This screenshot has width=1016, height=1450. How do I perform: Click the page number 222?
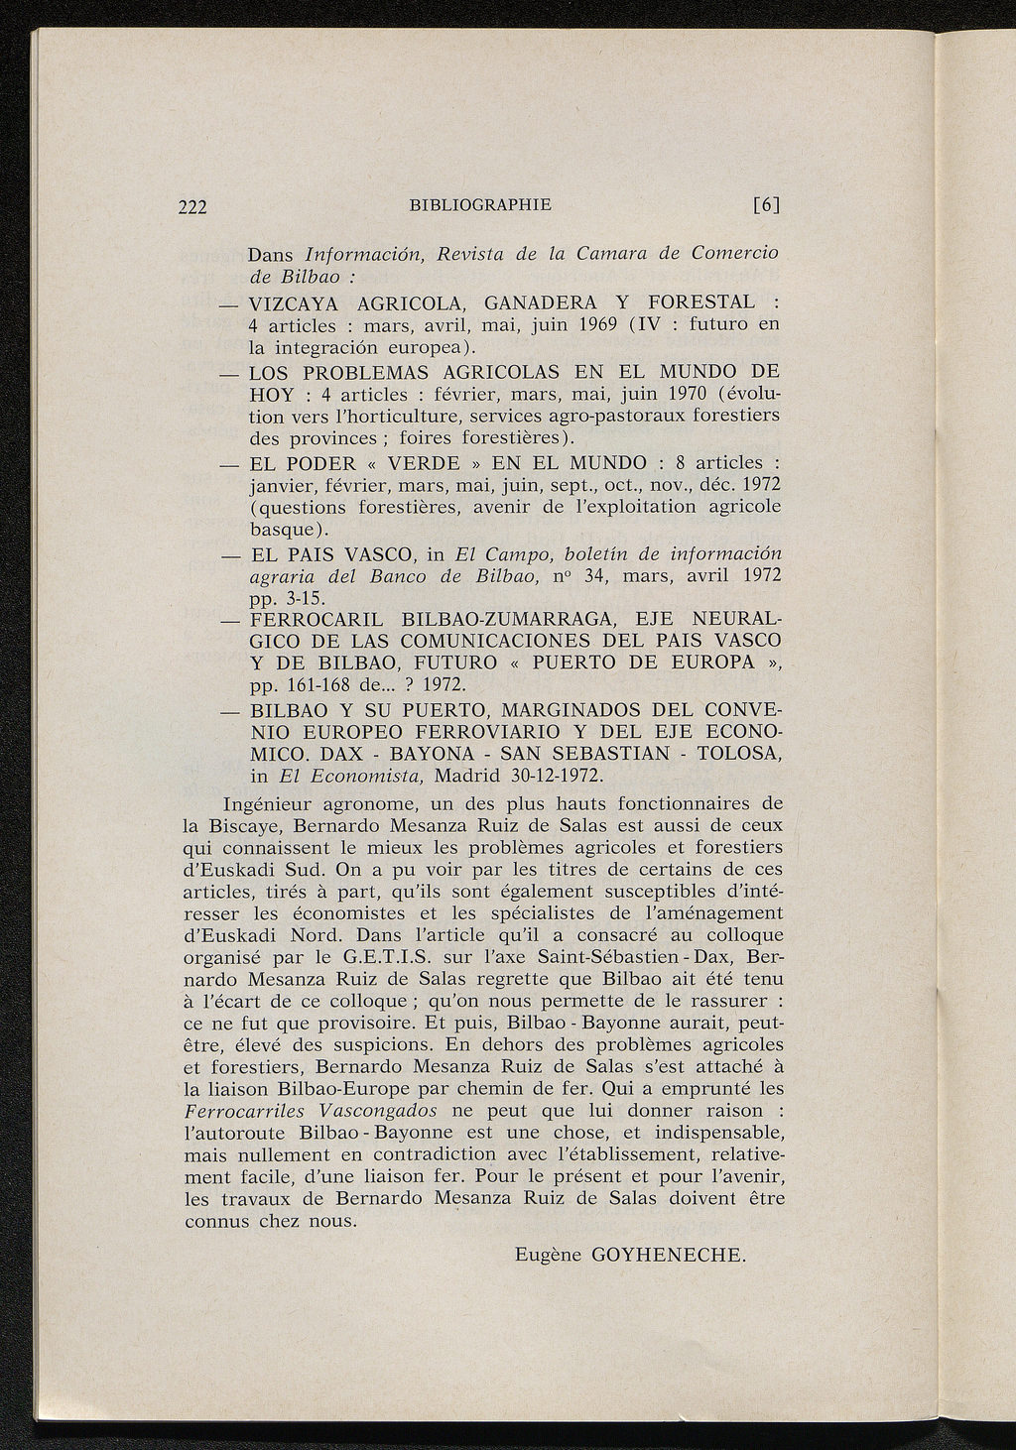tap(192, 207)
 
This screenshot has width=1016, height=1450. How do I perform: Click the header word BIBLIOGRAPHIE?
tap(479, 205)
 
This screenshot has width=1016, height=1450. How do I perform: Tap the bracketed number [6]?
tap(767, 205)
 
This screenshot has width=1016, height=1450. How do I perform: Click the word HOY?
tap(270, 394)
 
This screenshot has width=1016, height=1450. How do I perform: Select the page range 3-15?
tap(304, 599)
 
